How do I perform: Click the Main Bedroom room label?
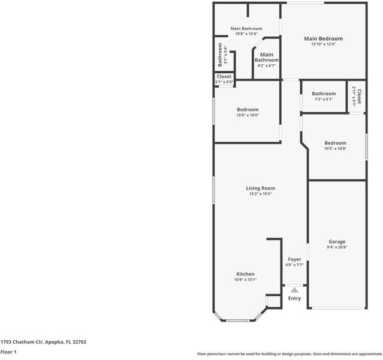[323, 38]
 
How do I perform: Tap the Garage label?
[336, 242]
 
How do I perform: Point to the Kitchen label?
[245, 274]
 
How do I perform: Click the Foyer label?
[294, 259]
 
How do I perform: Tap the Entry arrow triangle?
[294, 290]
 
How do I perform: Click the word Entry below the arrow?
[294, 298]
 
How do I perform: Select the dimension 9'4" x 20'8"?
[336, 247]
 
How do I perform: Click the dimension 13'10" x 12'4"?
[323, 44]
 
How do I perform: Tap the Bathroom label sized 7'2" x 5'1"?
[324, 94]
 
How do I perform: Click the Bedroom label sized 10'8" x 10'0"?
[248, 110]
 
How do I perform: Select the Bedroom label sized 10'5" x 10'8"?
[335, 143]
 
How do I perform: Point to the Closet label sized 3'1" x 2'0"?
[224, 77]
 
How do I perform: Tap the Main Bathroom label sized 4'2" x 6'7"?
[267, 57]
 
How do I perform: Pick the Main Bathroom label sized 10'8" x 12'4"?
[246, 29]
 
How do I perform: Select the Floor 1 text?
[8, 352]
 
